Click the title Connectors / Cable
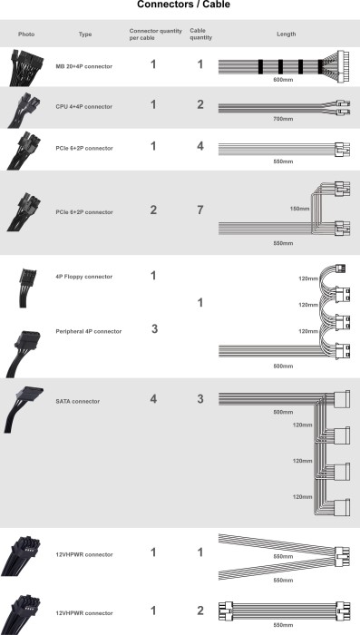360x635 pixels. click(183, 5)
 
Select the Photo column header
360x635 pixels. click(26, 34)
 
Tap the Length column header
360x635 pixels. click(287, 34)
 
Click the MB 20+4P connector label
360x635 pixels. click(84, 66)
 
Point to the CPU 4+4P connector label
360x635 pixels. click(84, 107)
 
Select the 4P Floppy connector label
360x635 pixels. click(84, 277)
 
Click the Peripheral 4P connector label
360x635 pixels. click(89, 332)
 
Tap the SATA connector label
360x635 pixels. click(78, 401)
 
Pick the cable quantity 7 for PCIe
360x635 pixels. click(200, 210)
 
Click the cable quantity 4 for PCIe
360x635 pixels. click(200, 146)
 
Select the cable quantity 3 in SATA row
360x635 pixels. click(200, 399)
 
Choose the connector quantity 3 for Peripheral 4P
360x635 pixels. click(154, 328)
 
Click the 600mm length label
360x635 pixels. click(283, 80)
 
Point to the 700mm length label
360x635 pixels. click(283, 119)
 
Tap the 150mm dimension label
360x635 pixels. click(299, 209)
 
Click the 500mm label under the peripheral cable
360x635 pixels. click(283, 366)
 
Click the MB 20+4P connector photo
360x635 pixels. click(26, 68)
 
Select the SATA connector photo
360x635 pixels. click(24, 409)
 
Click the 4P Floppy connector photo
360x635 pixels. click(27, 288)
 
